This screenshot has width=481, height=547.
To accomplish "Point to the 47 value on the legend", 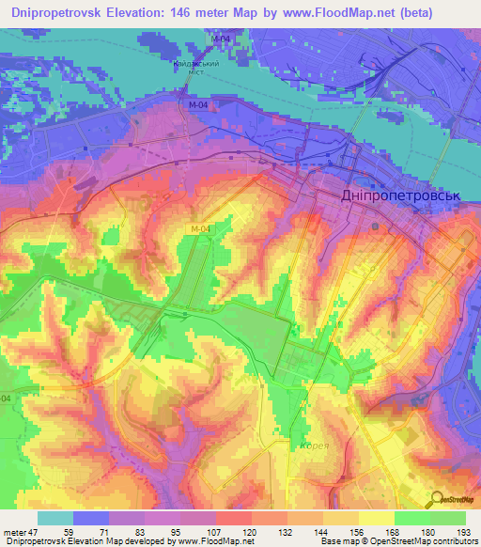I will point(35,532).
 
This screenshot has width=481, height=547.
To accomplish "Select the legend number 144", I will point(319,532).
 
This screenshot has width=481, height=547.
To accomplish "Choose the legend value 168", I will point(391,532).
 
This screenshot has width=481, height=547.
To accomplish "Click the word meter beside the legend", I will point(14,532).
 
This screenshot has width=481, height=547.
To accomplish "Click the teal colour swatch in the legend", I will point(55,518).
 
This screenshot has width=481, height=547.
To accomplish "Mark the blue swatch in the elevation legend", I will point(91,518).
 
